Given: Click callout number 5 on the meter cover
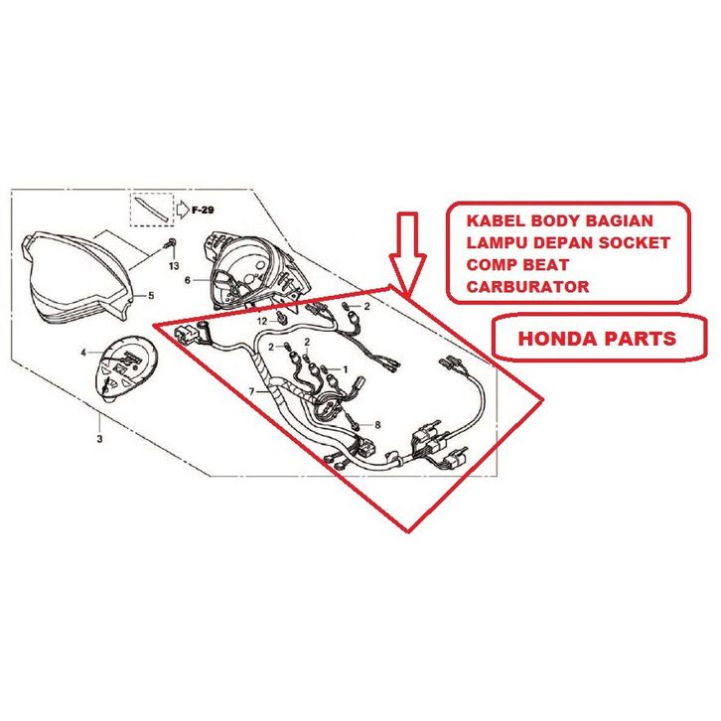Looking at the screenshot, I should pos(151,295).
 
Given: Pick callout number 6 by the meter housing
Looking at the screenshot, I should pos(186,281).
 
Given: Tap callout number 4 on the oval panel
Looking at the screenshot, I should pos(84,352).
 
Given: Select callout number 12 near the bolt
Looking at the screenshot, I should pos(262,322).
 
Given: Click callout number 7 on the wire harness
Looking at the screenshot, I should pos(251,392).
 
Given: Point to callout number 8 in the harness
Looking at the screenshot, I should pos(377,425).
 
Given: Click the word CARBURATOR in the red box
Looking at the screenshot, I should pos(527,287).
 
